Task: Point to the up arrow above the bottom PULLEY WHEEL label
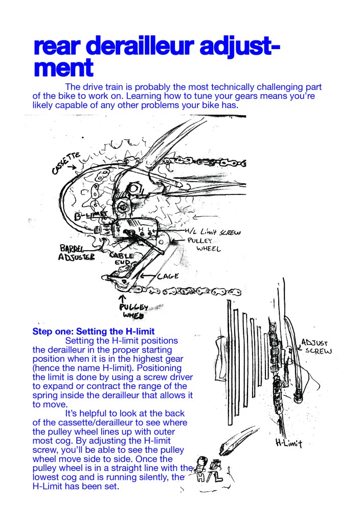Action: pos(123,297)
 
